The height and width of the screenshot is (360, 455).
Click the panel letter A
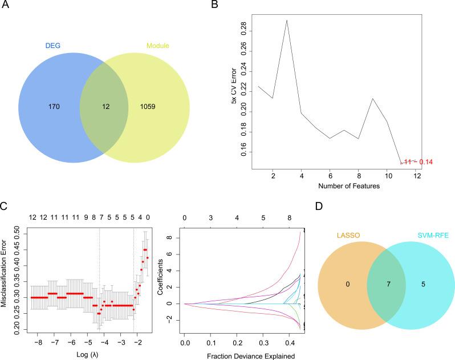[x=7, y=6]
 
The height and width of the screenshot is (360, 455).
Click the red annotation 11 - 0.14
[x=419, y=163]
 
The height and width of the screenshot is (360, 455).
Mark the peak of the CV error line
[x=287, y=20]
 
